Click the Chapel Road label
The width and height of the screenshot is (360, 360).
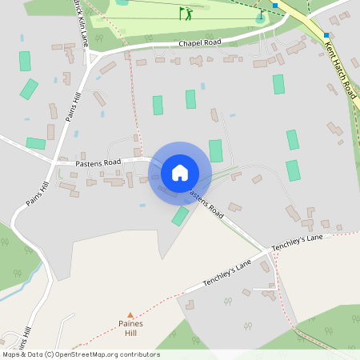[200, 42]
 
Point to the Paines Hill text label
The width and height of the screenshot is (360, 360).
[130, 328]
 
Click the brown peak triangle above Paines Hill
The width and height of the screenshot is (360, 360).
[130, 315]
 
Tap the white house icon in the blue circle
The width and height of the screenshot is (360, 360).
[179, 173]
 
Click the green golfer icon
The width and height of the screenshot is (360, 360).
[186, 14]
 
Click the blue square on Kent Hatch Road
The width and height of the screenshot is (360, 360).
[326, 34]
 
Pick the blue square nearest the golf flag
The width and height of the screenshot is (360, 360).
[275, 6]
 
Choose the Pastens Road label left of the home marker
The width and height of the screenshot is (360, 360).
[98, 162]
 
